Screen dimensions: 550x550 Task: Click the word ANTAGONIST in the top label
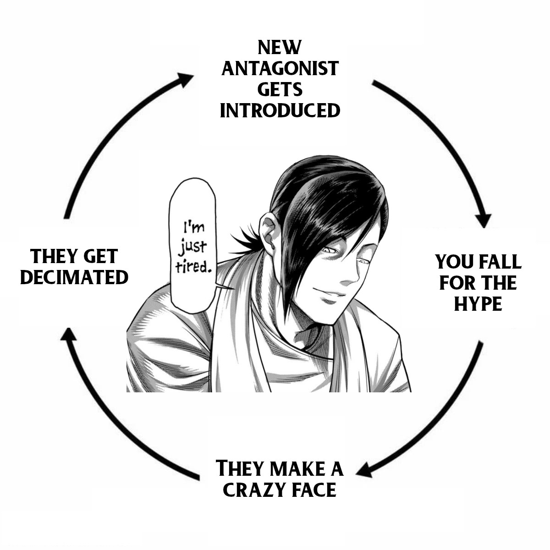(x=280, y=68)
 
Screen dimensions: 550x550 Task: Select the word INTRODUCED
(x=280, y=110)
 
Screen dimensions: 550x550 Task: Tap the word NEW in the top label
(x=279, y=47)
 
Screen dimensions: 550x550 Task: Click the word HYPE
(x=478, y=304)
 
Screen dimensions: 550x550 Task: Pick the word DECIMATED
(x=74, y=277)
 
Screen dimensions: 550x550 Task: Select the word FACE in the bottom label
(x=313, y=490)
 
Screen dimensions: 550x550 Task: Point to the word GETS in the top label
(x=280, y=89)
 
